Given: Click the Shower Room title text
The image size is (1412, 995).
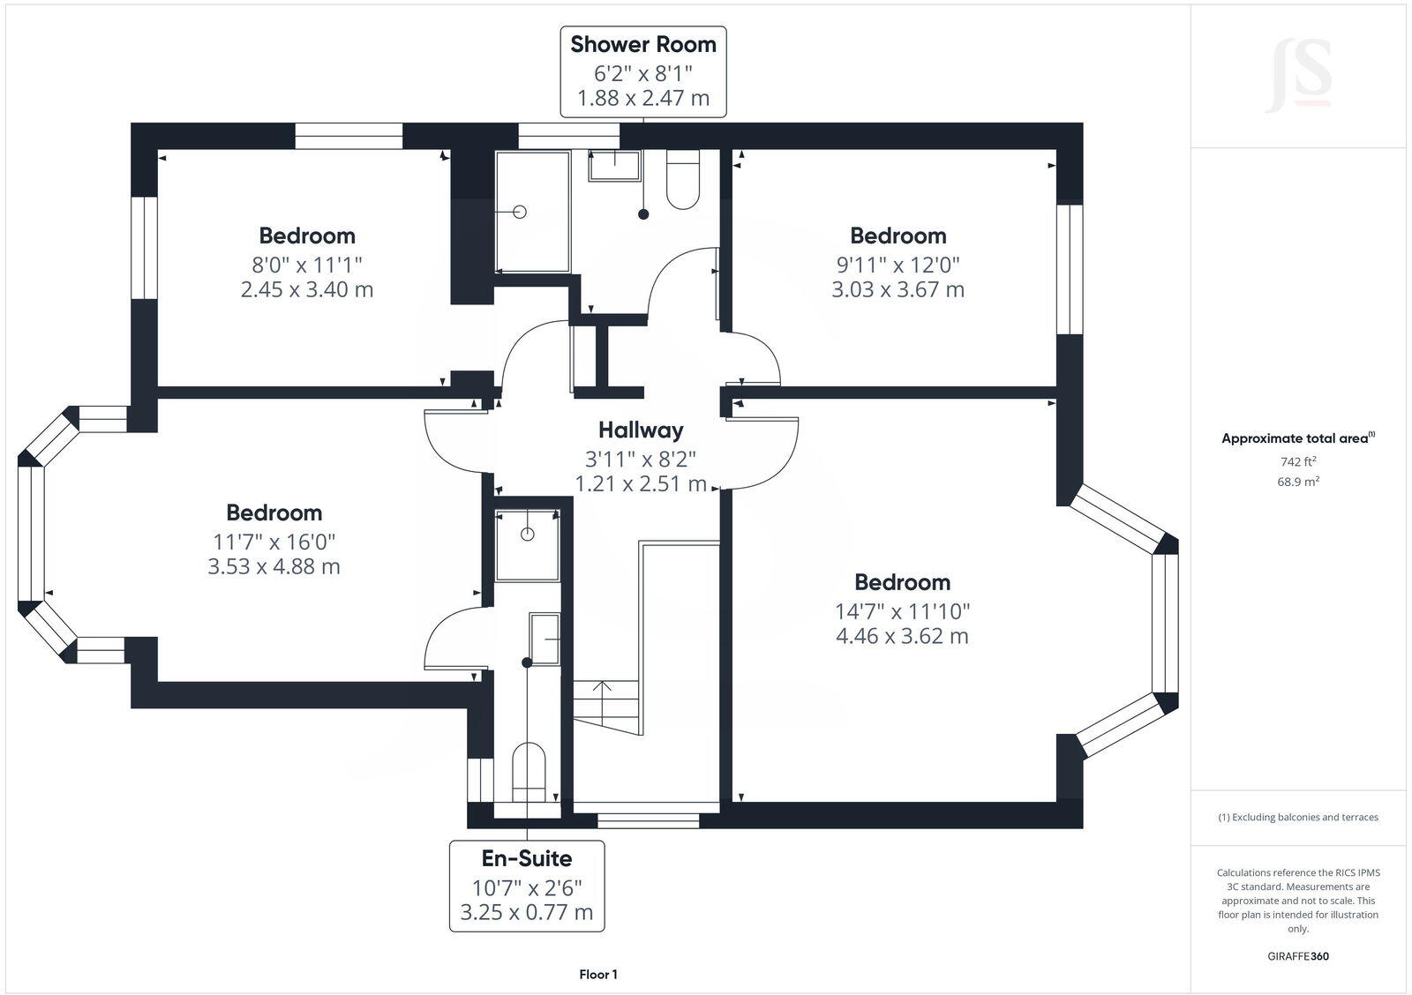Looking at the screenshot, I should [x=643, y=44].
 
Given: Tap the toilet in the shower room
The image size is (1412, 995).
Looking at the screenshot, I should [x=683, y=180].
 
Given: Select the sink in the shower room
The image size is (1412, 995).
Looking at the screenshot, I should [x=615, y=165].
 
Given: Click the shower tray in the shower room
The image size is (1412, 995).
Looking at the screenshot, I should [x=533, y=212].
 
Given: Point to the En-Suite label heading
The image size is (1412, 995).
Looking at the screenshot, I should [x=527, y=858].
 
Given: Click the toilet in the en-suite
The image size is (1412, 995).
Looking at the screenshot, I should [x=529, y=770].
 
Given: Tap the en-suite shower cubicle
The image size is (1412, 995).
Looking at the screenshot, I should [x=528, y=545].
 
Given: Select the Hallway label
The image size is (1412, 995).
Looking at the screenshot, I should [x=641, y=430].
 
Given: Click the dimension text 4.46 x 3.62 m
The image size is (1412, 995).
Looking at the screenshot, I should [x=902, y=636].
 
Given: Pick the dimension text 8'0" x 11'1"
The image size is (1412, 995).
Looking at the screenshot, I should [x=307, y=264].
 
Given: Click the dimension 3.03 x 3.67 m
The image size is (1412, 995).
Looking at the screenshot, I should [x=898, y=289].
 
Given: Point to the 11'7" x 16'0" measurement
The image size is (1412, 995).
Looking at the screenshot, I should [x=274, y=541].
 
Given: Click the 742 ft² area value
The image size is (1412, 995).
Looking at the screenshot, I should [x=1298, y=461].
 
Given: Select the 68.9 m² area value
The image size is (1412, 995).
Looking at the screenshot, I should [x=1298, y=482].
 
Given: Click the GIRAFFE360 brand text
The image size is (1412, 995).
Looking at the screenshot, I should [x=1298, y=956].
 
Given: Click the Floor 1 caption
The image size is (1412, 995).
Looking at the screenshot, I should [x=598, y=975].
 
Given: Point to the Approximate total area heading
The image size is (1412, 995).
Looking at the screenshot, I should [x=1298, y=438].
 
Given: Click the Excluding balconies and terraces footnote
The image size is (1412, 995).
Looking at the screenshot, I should [x=1298, y=818].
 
